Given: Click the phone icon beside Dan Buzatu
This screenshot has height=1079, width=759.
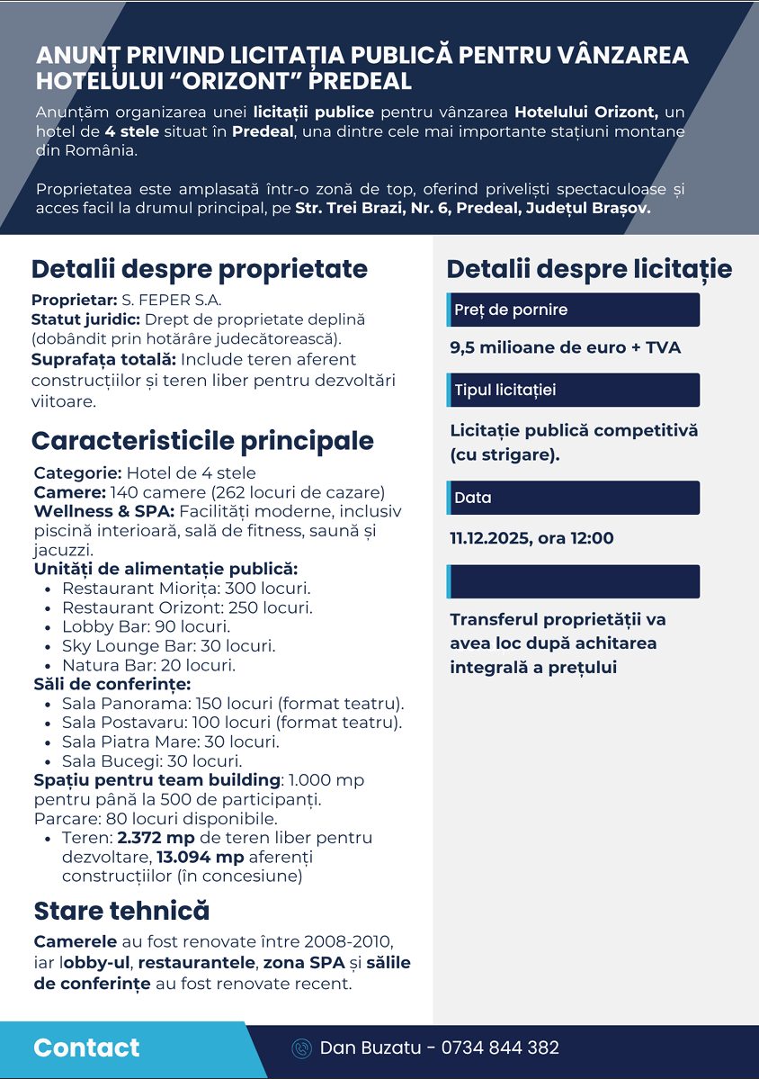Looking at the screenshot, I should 302,1048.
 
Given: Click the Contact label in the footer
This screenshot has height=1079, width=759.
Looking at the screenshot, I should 86,1048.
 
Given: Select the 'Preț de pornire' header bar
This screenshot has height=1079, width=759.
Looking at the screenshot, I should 573,310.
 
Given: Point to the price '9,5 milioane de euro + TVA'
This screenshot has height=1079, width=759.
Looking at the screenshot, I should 566,348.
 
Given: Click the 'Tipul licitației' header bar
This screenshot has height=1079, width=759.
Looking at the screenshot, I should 573,391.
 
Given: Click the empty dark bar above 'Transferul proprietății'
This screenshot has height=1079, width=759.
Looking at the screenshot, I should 573,581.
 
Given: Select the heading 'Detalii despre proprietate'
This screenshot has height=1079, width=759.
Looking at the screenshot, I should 200,268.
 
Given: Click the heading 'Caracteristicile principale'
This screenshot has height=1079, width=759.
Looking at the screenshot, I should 203,441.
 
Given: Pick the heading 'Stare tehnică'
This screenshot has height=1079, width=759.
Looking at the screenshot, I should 121,911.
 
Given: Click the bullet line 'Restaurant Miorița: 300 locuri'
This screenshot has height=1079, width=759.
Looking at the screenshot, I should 186,589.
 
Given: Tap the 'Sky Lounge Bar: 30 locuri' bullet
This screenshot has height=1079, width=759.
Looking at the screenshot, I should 168,646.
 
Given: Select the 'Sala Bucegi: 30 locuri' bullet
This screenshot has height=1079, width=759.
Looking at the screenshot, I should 152,761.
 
